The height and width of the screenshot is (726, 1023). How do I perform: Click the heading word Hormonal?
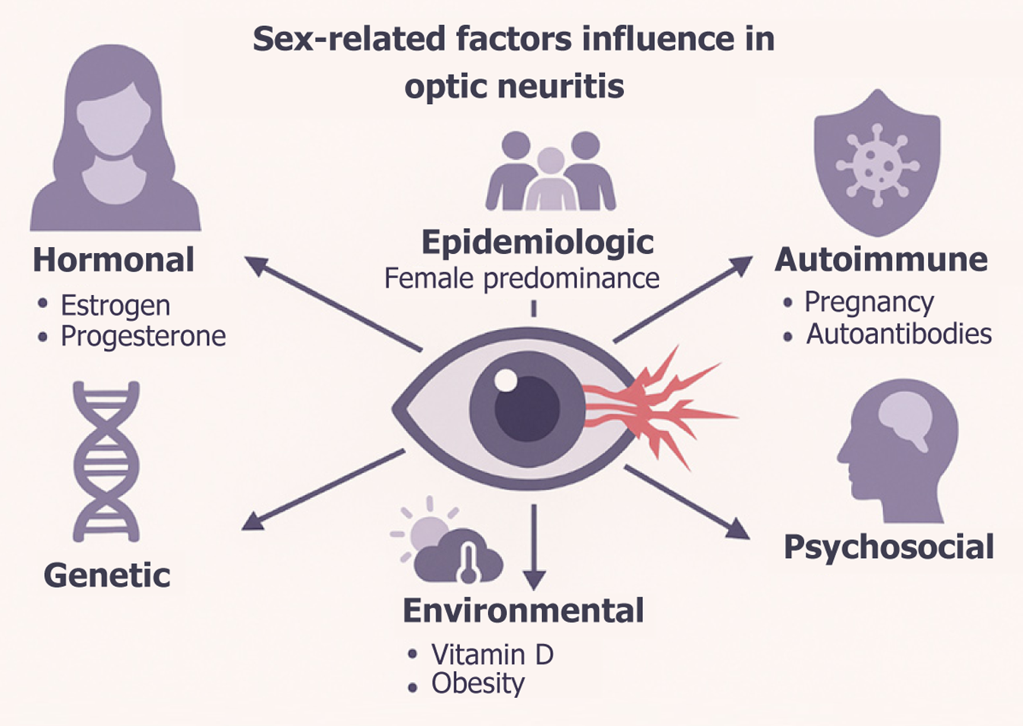113,260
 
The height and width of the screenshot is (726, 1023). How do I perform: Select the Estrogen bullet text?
116,306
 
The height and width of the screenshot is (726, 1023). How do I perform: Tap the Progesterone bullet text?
143,336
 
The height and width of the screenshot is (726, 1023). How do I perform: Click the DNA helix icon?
106,461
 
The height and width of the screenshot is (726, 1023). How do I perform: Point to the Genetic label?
107,575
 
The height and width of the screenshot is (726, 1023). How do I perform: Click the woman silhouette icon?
115,141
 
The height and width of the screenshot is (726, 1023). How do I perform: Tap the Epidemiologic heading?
537,243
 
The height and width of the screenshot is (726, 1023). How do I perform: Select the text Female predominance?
521,278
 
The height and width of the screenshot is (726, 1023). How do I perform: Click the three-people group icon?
550,172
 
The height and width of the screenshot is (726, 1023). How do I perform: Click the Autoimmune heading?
881,260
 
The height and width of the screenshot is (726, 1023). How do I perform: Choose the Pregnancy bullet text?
869,303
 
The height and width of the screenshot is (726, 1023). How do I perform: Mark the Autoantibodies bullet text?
898,334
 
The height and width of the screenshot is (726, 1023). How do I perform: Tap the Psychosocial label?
888,547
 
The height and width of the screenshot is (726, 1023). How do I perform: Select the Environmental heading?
523,610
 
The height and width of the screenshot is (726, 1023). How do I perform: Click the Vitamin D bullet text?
492,654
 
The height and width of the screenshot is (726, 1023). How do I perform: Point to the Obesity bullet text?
477,683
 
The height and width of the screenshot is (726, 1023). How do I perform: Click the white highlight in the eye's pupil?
505,379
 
